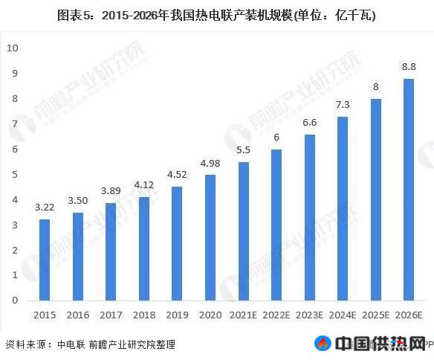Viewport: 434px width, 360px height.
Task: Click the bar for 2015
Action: (x=45, y=260)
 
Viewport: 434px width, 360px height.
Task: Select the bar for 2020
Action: (x=210, y=237)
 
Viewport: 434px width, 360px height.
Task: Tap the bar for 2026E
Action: (x=409, y=189)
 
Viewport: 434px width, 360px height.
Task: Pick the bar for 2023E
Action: (x=309, y=217)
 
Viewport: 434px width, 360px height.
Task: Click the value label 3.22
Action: (x=45, y=208)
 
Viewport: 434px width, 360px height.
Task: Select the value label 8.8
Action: (x=409, y=67)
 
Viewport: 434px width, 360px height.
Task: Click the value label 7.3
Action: (x=342, y=105)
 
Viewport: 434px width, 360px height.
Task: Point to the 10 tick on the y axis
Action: (x=12, y=48)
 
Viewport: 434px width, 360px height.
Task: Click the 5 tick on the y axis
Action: (x=12, y=174)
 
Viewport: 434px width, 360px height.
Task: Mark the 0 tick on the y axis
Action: (x=12, y=300)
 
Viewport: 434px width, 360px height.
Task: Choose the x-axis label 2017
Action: (x=111, y=315)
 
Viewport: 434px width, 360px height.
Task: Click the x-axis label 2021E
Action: (x=243, y=315)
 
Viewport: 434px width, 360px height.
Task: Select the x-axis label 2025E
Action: (x=375, y=315)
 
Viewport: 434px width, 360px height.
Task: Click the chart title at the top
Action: (x=216, y=15)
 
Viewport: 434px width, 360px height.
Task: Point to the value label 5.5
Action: (x=243, y=150)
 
